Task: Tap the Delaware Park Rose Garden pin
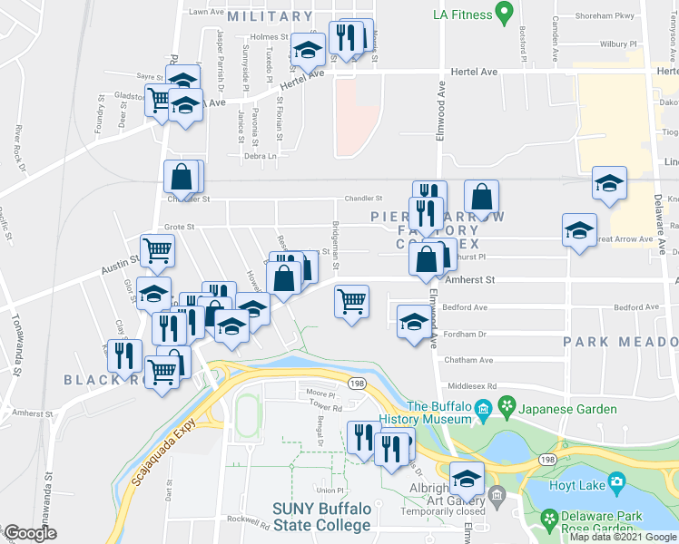click(x=550, y=519)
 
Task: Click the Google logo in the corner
click(x=30, y=533)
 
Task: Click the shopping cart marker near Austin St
click(x=157, y=251)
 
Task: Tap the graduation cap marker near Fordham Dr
click(x=414, y=322)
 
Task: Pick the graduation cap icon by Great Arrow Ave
click(x=579, y=230)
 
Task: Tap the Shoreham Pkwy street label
click(x=613, y=15)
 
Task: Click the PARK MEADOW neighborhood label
click(x=619, y=342)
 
